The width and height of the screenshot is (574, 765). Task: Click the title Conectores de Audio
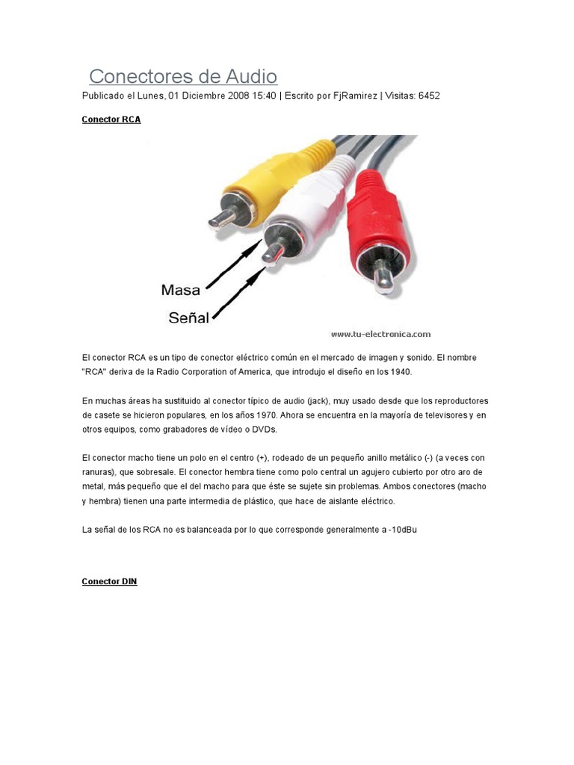pos(183,76)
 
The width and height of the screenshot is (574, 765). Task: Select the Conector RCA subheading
pos(111,120)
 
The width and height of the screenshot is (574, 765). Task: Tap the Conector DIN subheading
pos(109,581)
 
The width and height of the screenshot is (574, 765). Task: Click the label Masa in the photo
pos(180,290)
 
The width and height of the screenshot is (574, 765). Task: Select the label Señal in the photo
pos(188,318)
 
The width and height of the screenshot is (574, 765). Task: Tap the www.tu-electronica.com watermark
pos(380,334)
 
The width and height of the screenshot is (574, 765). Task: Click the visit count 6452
pos(429,96)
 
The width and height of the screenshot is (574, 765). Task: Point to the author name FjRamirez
pos(355,96)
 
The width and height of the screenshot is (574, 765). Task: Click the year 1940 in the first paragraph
pos(398,371)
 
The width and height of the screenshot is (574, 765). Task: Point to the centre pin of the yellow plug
pos(221,219)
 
